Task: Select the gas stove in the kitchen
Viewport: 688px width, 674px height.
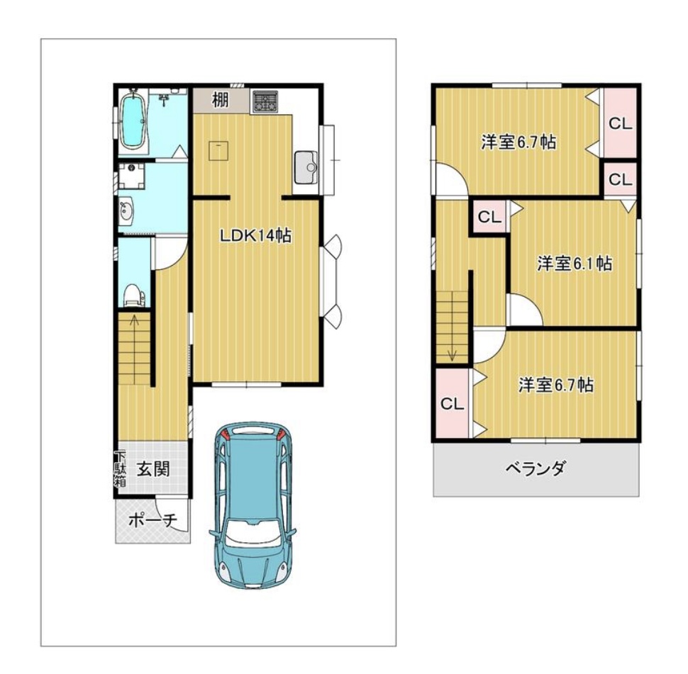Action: [265, 102]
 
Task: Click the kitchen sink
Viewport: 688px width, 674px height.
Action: [306, 167]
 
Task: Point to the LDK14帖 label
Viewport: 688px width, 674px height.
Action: [255, 236]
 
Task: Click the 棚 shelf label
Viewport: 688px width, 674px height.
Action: [221, 99]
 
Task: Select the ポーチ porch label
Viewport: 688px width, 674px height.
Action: [153, 520]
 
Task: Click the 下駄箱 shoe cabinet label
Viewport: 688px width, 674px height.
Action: [121, 468]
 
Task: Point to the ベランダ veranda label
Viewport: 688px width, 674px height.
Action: [536, 468]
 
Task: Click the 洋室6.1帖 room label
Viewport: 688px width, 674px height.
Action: [575, 263]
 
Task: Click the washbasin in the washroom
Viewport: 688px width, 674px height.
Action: [127, 211]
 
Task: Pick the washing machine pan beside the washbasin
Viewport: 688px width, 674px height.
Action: [131, 175]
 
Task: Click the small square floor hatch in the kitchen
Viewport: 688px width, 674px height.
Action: [218, 151]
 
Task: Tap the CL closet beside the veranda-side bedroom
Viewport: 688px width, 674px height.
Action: [452, 403]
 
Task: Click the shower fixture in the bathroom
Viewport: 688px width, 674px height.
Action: [165, 100]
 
